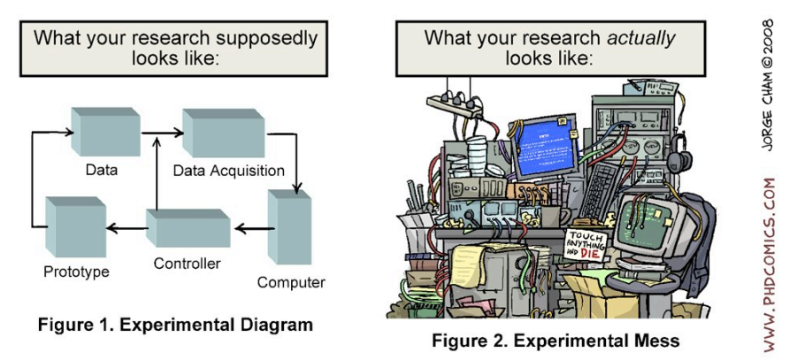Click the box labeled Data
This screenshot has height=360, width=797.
tap(104, 133)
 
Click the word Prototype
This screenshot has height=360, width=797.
tap(76, 272)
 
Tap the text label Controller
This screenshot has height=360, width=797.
tap(187, 264)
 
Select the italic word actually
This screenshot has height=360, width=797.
tap(642, 38)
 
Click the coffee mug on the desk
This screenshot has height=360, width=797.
tap(548, 216)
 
